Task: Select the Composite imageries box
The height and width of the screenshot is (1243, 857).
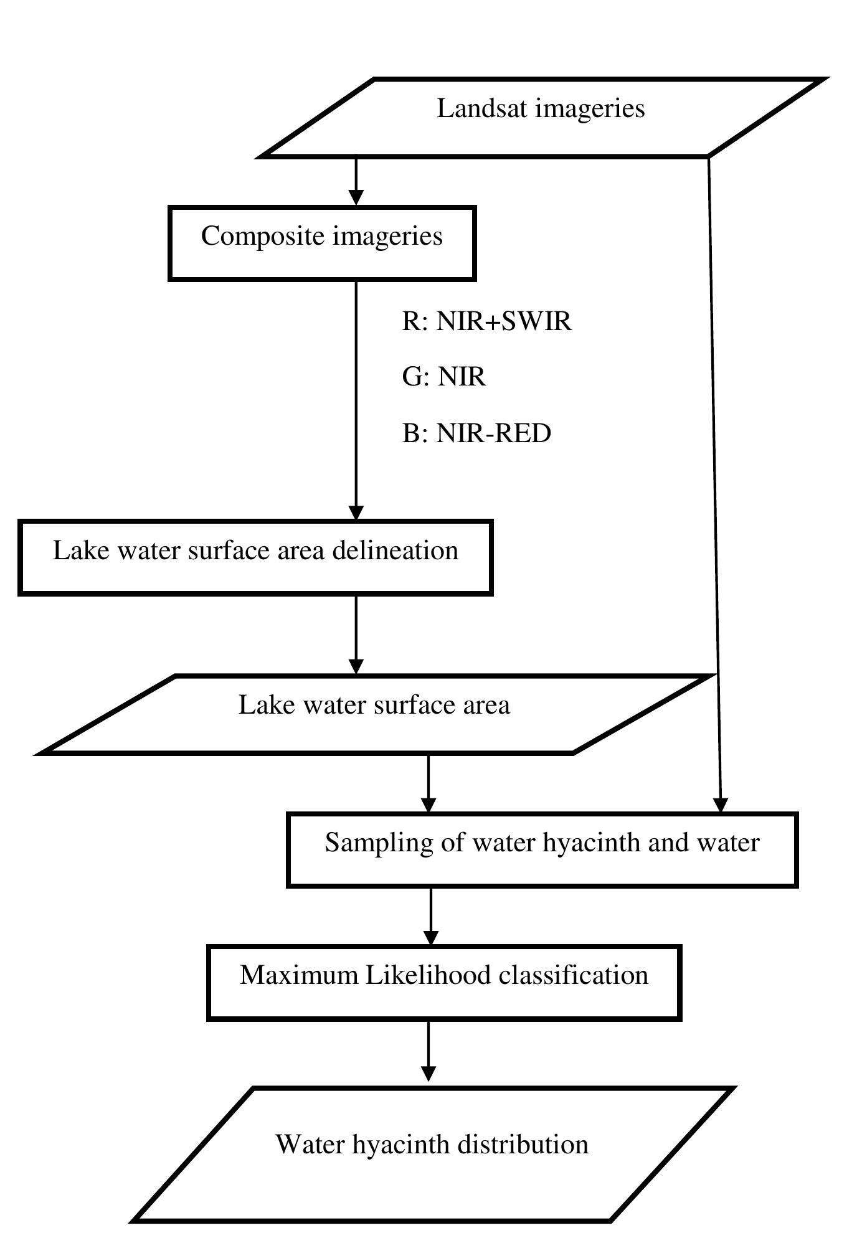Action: (x=322, y=243)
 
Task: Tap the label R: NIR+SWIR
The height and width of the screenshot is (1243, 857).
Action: (x=486, y=321)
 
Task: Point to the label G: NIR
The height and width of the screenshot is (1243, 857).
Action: (x=443, y=377)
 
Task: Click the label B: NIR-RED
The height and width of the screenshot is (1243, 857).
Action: (x=476, y=433)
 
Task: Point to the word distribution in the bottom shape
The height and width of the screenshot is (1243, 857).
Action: (x=523, y=1145)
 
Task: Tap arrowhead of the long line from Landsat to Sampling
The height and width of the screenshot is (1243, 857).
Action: (x=720, y=805)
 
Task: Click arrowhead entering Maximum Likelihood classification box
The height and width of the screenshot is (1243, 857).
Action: (x=430, y=938)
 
